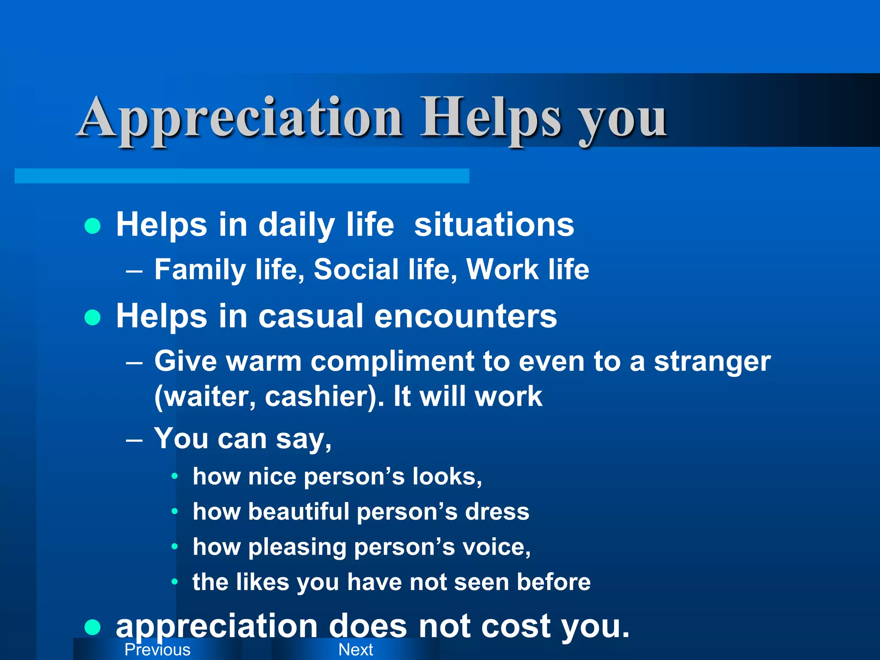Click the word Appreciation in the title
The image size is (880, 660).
241,118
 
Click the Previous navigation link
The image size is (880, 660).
157,650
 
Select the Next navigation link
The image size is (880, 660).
356,650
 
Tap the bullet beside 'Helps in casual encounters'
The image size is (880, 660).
93,318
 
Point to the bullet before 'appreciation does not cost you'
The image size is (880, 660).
93,627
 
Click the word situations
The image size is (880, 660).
494,225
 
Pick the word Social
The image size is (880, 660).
356,270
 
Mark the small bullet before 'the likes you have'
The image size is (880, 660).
174,582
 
